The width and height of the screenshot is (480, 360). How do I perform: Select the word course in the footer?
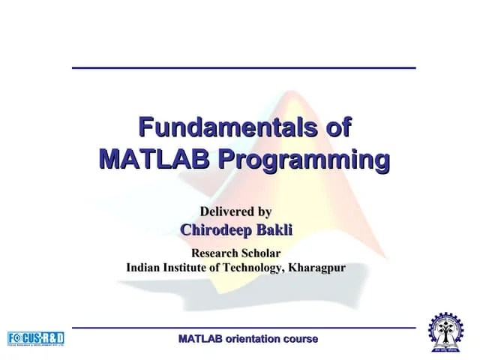300,339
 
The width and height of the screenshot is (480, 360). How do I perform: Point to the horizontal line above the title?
244,68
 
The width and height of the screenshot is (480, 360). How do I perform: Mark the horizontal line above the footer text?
244,328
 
